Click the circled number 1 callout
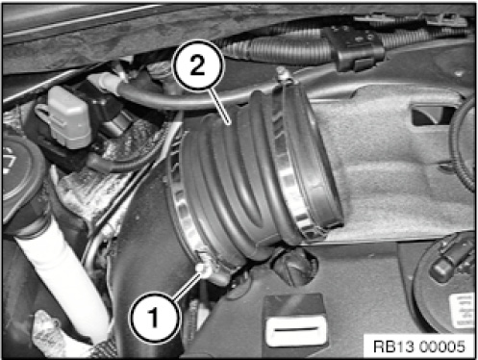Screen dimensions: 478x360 coord(155,318)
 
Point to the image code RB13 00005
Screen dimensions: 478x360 coord(419,347)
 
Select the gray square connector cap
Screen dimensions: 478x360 coord(69,117)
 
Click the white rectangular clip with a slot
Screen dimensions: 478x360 coord(295,330)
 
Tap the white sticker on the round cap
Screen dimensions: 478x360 coord(463,311)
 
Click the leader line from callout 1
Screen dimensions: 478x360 coord(187,286)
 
